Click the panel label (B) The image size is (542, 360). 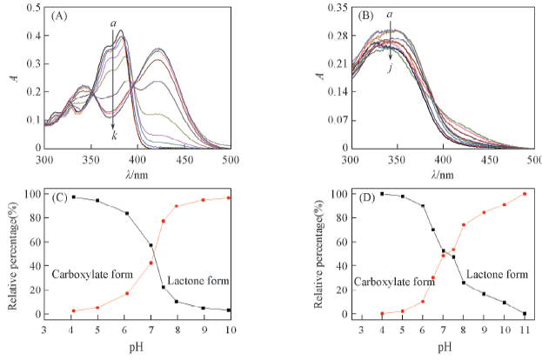(365, 15)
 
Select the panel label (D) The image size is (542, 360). (365, 198)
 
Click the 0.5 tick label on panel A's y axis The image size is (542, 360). (31, 8)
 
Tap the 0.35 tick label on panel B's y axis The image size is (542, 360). (334, 8)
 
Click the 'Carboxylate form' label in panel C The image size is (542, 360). (91, 275)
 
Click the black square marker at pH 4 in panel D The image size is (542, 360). (382, 193)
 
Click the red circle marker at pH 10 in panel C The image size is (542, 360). (230, 197)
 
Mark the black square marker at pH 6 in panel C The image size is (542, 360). (127, 213)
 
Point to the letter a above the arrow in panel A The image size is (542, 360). (113, 23)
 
